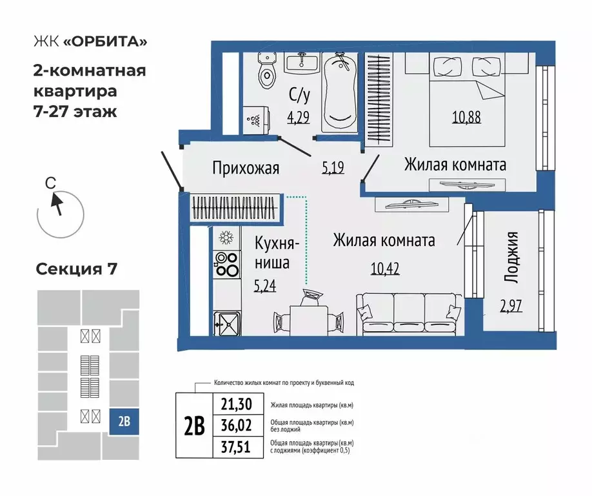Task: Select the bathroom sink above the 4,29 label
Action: (301, 63)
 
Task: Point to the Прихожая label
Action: (246, 169)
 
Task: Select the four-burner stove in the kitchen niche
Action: (226, 263)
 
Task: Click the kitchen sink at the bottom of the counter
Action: (227, 322)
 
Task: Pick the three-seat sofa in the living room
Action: (409, 313)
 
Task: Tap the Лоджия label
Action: (511, 257)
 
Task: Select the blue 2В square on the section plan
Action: (124, 422)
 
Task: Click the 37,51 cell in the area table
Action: (238, 446)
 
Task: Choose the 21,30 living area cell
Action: (238, 405)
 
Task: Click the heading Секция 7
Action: (76, 269)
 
